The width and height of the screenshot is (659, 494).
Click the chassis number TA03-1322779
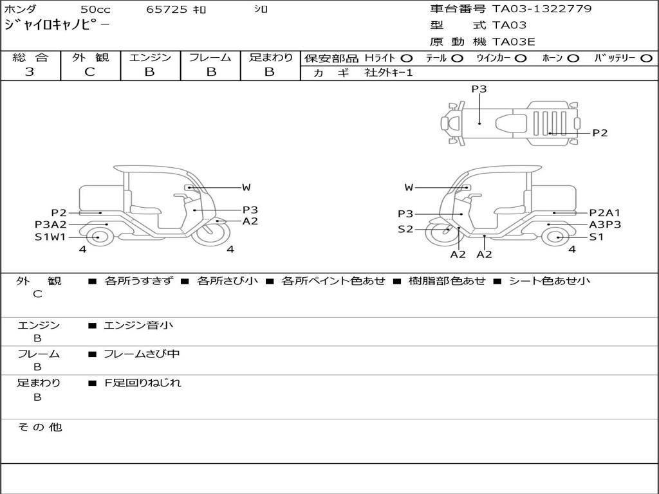(x=542, y=9)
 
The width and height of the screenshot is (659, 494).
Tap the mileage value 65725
(x=166, y=10)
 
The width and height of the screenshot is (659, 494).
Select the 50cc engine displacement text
(x=95, y=10)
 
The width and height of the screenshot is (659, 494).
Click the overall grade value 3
(x=30, y=72)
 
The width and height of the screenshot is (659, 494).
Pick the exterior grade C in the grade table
(x=89, y=72)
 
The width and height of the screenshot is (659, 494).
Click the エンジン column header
(x=150, y=57)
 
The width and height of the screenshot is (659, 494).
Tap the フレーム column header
(x=210, y=57)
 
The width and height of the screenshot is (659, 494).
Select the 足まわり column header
(x=270, y=57)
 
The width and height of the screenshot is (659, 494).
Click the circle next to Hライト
(x=406, y=58)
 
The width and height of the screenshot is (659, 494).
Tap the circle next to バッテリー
(x=645, y=58)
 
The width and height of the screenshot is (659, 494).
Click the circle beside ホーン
(x=573, y=58)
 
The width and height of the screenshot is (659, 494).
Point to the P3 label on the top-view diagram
(x=479, y=89)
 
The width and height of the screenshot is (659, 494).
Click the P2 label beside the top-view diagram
(x=600, y=133)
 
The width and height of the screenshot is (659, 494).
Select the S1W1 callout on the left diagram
(x=50, y=237)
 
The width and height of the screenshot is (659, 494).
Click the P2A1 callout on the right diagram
(x=605, y=213)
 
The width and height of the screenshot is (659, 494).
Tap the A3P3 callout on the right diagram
(x=605, y=224)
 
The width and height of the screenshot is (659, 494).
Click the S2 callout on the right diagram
(x=405, y=229)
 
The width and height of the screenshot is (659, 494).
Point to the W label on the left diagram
(x=246, y=187)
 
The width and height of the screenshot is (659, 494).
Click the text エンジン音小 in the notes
(x=138, y=325)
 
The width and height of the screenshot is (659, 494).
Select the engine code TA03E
(x=514, y=42)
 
